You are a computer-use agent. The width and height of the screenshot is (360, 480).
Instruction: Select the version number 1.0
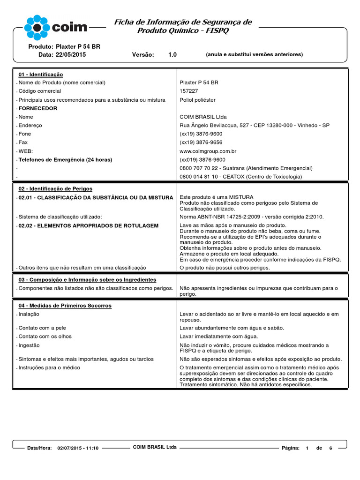172,55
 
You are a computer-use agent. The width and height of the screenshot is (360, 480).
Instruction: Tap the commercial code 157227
189,91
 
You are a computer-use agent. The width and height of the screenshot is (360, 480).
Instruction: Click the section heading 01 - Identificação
41,75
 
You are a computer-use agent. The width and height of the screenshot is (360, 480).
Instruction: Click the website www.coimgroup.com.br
208,151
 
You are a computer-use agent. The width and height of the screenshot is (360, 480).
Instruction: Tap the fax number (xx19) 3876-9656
201,142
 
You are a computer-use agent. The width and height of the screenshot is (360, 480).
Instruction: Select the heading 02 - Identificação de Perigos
55,188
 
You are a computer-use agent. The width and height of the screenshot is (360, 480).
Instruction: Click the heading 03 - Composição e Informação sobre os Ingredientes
87,279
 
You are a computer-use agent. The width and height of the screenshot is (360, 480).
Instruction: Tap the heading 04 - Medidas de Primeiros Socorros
65,306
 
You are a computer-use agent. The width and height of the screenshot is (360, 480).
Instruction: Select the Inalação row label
29,314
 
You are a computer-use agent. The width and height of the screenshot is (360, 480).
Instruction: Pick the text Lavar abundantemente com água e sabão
232,328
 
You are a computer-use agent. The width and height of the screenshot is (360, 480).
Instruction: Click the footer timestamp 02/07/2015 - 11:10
78,448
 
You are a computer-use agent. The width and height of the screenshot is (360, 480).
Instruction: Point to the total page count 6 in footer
330,448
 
